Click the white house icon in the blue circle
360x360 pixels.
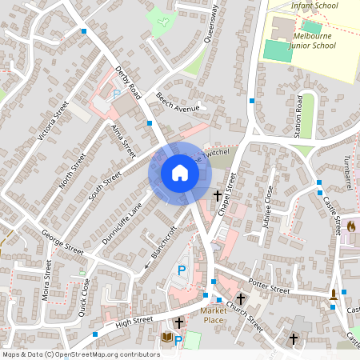pos(180,173)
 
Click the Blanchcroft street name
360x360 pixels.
pos(163,245)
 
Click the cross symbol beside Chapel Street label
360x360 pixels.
pos(218,195)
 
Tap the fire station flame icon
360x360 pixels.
pos(350,227)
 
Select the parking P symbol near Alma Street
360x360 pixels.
pos(117,94)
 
